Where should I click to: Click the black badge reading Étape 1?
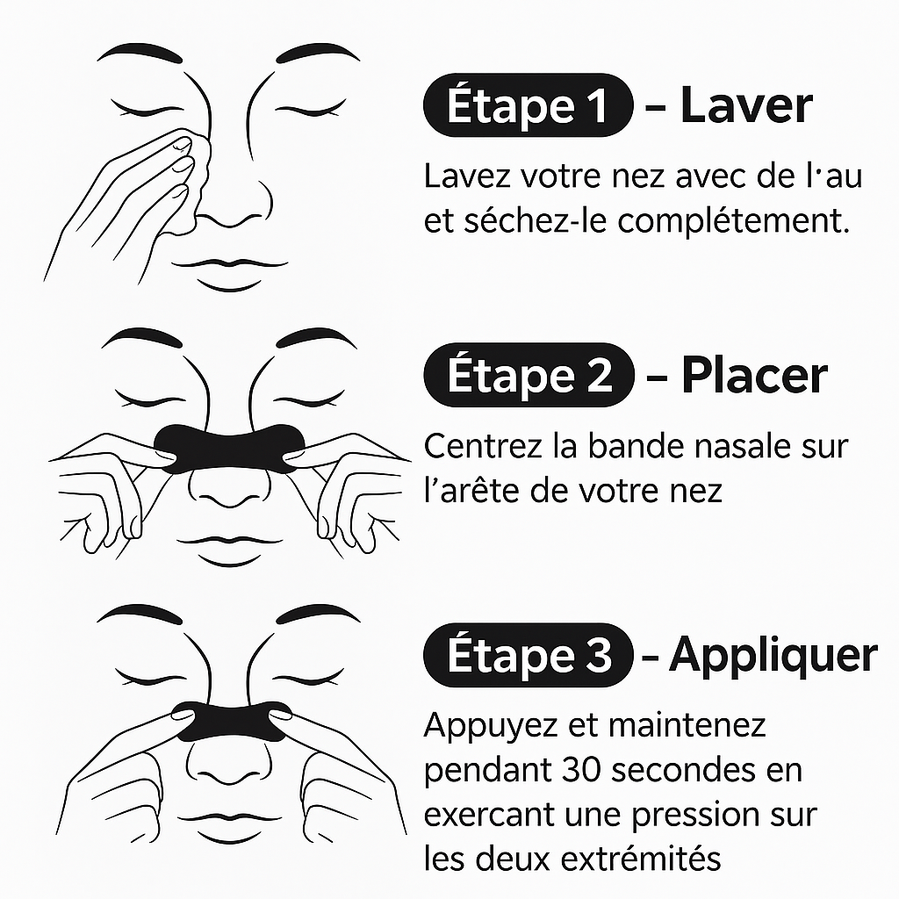tap(528, 105)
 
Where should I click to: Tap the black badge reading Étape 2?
tap(529, 375)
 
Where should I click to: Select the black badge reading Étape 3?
tap(528, 655)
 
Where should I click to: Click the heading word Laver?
tap(746, 105)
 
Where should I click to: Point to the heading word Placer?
tap(754, 376)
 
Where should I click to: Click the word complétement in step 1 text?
tap(733, 221)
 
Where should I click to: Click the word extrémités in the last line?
tap(640, 859)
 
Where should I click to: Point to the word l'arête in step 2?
tap(471, 491)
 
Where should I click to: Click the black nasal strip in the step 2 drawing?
tap(229, 448)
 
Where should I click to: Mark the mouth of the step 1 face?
tap(229, 274)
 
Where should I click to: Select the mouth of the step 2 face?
tap(229, 550)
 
